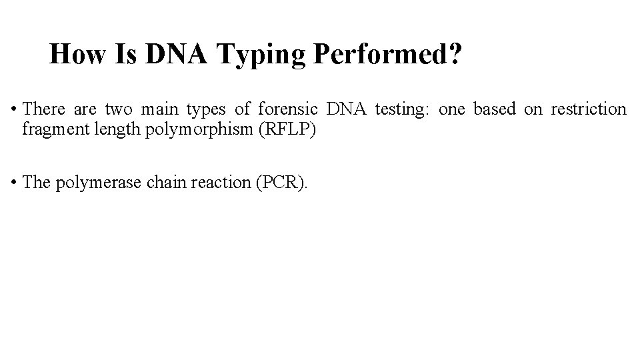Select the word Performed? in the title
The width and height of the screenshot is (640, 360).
pyautogui.click(x=385, y=54)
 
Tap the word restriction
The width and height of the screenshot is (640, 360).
pyautogui.click(x=589, y=109)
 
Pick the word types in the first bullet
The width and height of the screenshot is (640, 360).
pyautogui.click(x=206, y=109)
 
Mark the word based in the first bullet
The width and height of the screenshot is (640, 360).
pyautogui.click(x=495, y=109)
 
